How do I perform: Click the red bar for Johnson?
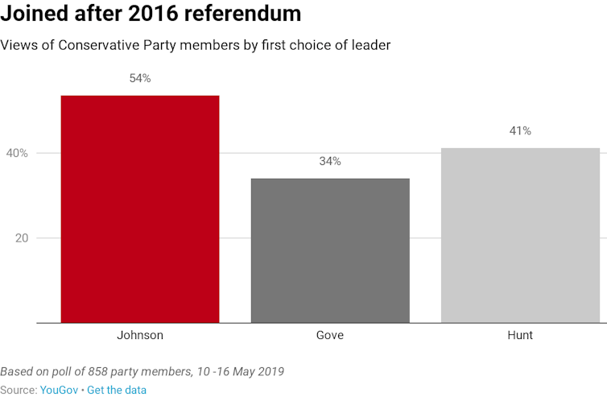click(140, 209)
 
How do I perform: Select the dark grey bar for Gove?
click(330, 250)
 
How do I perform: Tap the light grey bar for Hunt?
click(520, 235)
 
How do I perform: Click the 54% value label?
click(140, 79)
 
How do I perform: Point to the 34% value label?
click(330, 161)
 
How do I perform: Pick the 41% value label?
click(520, 131)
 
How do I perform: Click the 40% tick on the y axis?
click(18, 153)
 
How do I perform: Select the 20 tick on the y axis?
click(22, 238)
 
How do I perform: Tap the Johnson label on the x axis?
click(140, 335)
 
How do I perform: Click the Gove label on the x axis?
click(330, 335)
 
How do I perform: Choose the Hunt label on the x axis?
click(520, 335)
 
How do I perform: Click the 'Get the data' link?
click(117, 390)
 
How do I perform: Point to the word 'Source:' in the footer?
click(19, 390)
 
